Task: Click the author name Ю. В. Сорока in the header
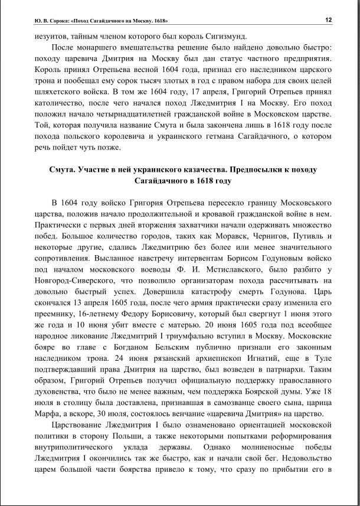click(50, 20)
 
